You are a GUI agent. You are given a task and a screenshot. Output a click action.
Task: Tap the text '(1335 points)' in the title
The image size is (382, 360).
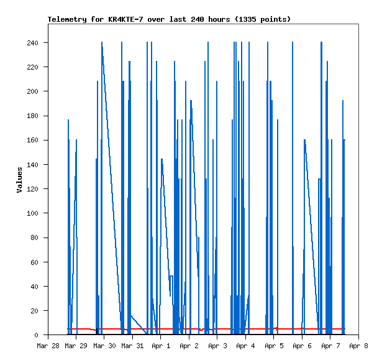[263, 19]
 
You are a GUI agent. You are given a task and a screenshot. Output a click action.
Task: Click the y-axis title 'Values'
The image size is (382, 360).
[19, 179]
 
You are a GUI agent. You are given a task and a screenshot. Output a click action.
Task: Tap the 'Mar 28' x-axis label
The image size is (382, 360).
[48, 345]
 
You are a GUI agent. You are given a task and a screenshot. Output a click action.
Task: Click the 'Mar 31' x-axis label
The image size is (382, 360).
[132, 345]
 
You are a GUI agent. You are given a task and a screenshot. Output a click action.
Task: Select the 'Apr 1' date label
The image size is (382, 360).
[160, 345]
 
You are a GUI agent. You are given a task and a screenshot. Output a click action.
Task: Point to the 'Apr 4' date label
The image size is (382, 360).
[245, 345]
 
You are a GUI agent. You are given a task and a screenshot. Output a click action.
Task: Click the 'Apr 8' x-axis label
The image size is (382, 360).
[358, 345]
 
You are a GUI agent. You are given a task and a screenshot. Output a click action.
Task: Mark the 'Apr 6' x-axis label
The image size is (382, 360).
[302, 345]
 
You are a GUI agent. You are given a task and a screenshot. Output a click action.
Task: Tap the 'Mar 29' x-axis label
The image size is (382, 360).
[76, 345]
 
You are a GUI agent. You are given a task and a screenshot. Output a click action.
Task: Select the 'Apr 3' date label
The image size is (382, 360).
[217, 345]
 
